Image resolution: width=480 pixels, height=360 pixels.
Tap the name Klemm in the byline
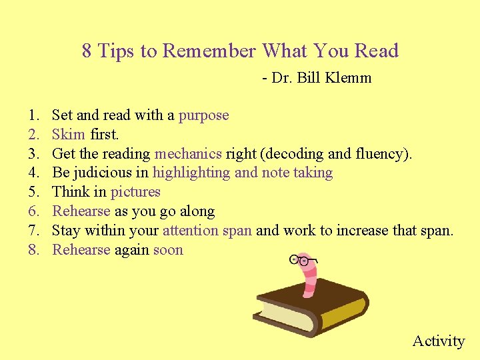click(349, 78)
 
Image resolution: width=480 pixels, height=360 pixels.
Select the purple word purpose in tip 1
click(203, 115)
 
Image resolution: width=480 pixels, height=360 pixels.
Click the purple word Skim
click(69, 135)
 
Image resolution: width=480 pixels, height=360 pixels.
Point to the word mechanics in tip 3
click(188, 154)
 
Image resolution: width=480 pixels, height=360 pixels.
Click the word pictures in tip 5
click(135, 192)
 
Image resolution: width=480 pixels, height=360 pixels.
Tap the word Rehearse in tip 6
click(81, 211)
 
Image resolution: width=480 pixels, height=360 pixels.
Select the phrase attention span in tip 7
click(207, 231)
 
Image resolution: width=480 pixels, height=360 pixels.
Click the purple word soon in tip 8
click(168, 250)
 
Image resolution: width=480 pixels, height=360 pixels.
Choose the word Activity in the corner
click(438, 341)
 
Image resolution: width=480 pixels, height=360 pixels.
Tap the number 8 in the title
click(87, 51)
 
